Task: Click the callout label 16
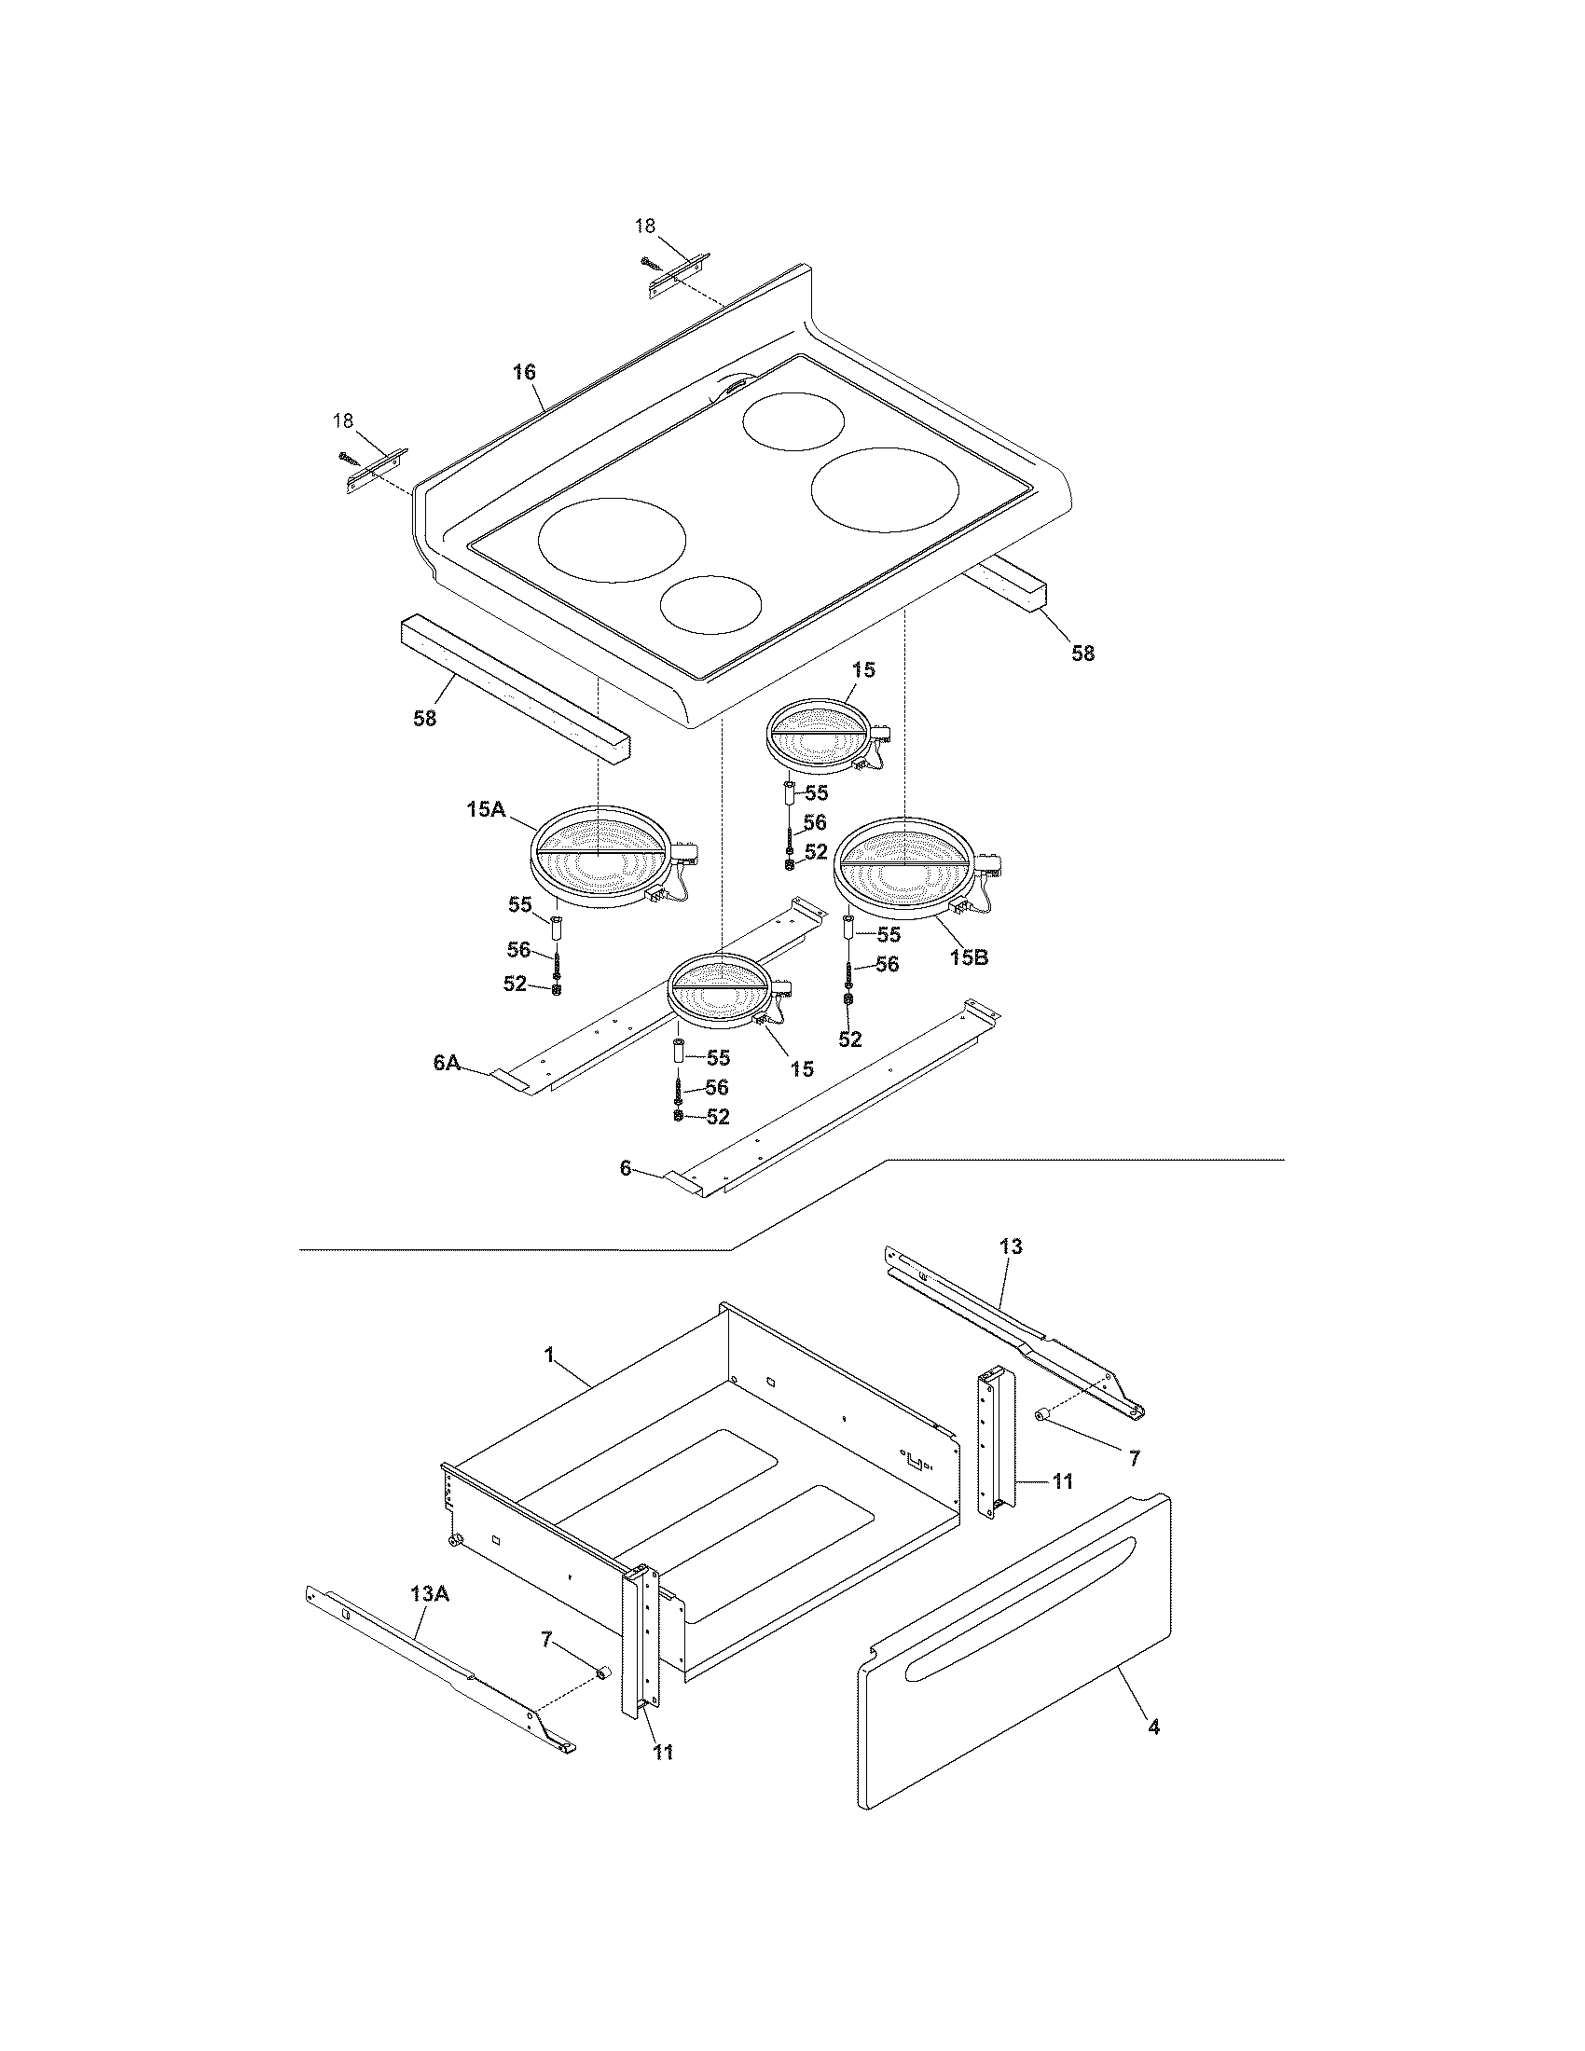click(x=523, y=372)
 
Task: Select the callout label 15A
click(x=486, y=808)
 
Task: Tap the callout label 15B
click(x=968, y=957)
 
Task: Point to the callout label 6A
click(x=447, y=1062)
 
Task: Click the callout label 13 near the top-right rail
click(x=1011, y=1246)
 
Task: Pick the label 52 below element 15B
click(x=849, y=1039)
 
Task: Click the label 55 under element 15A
click(x=520, y=904)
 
